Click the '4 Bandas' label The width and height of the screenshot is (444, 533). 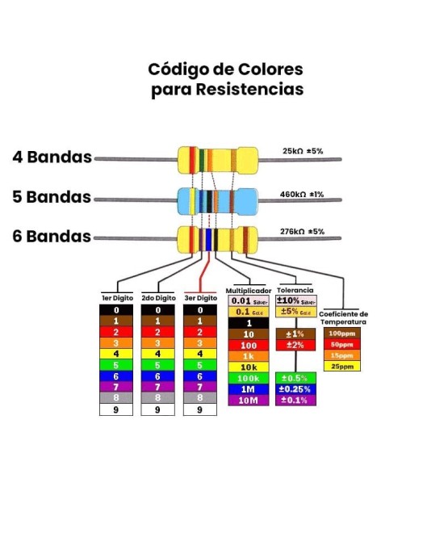[x=52, y=157]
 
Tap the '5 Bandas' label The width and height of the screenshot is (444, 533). [x=52, y=197]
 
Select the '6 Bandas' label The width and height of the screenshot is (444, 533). [x=52, y=237]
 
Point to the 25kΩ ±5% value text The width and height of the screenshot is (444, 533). [x=302, y=151]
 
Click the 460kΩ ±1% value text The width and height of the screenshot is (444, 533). [x=301, y=195]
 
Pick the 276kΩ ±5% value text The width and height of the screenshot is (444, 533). [x=301, y=232]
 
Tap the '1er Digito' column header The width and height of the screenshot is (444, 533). [x=116, y=298]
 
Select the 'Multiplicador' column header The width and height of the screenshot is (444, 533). [x=247, y=290]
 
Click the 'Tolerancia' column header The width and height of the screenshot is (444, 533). [x=295, y=290]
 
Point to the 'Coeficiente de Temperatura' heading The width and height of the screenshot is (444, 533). [x=343, y=317]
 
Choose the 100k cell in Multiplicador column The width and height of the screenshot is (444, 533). [x=249, y=378]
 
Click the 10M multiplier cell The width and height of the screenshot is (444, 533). [x=249, y=400]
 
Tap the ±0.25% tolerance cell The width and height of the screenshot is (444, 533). [x=295, y=389]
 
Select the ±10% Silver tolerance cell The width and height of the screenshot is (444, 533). [x=295, y=300]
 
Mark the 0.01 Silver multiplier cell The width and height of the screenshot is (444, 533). [x=249, y=300]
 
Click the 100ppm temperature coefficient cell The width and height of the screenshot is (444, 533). [x=341, y=333]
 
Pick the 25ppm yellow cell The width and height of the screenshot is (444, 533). [x=341, y=366]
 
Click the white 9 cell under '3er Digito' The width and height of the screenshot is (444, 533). [x=200, y=409]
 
